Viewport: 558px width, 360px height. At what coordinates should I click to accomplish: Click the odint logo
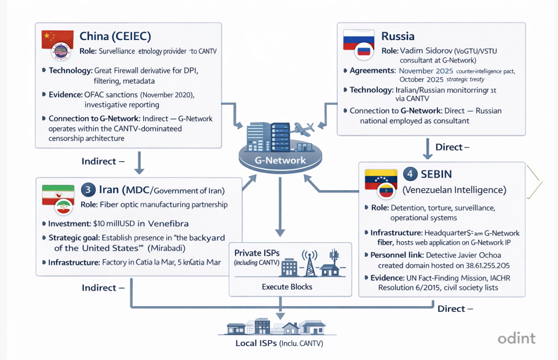517,339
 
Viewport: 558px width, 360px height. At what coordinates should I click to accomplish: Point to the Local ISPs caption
279,343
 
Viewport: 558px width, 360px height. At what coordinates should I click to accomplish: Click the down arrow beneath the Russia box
427,148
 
